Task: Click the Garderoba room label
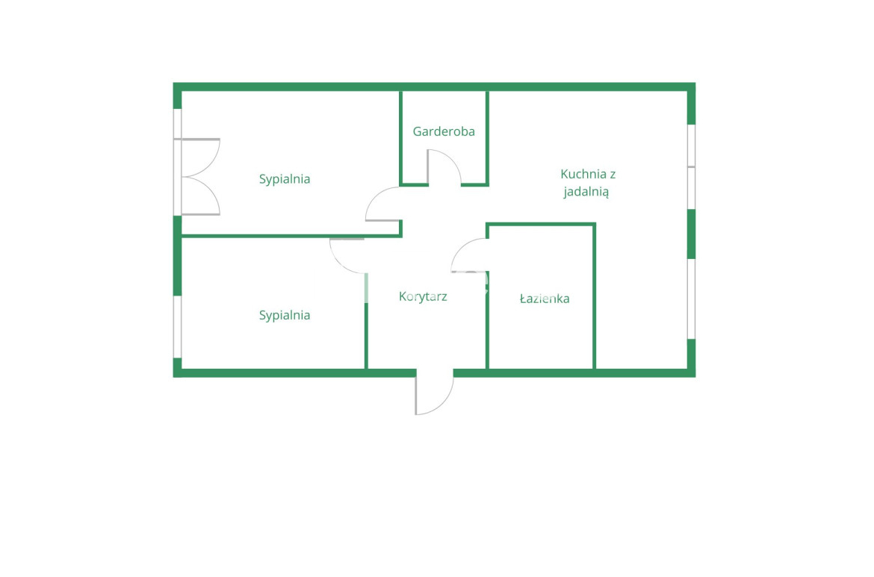(444, 131)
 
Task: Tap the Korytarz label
(423, 296)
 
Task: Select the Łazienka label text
(545, 299)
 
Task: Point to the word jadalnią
(586, 192)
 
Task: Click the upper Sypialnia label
(285, 179)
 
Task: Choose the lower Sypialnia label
(285, 315)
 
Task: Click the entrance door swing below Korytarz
(434, 393)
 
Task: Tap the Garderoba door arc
(444, 166)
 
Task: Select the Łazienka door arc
(469, 255)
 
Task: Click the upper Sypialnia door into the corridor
(383, 204)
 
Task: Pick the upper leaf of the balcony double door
(201, 157)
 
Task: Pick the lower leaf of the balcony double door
(201, 196)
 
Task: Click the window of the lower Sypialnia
(177, 327)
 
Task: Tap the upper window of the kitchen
(691, 166)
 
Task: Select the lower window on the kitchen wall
(691, 299)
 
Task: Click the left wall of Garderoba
(400, 138)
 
